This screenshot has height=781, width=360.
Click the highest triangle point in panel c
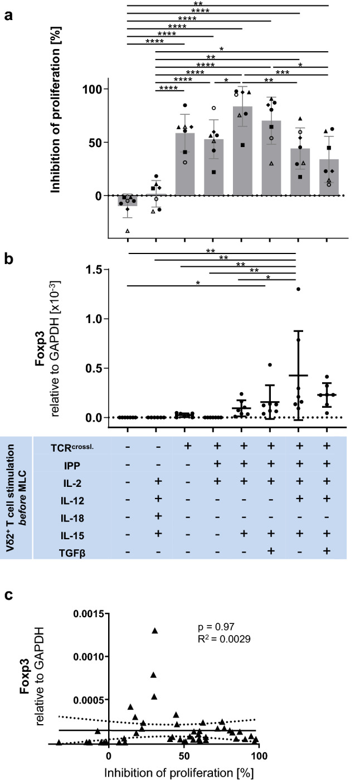(x=154, y=630)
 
